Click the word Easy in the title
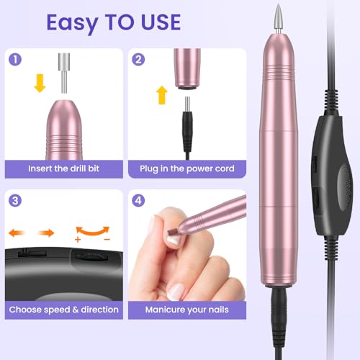[72, 23]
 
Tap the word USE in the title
[161, 22]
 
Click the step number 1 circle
[15, 60]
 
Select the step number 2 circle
[138, 60]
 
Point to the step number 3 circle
[15, 201]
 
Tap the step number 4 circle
[138, 201]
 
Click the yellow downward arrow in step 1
[40, 83]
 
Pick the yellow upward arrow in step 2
[162, 95]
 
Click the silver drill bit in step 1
[64, 73]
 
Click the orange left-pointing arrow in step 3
[17, 233]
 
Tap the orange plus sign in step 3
[78, 240]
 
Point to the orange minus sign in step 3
[107, 239]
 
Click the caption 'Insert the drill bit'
[63, 168]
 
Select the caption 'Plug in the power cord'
[187, 168]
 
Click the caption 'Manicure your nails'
[186, 310]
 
